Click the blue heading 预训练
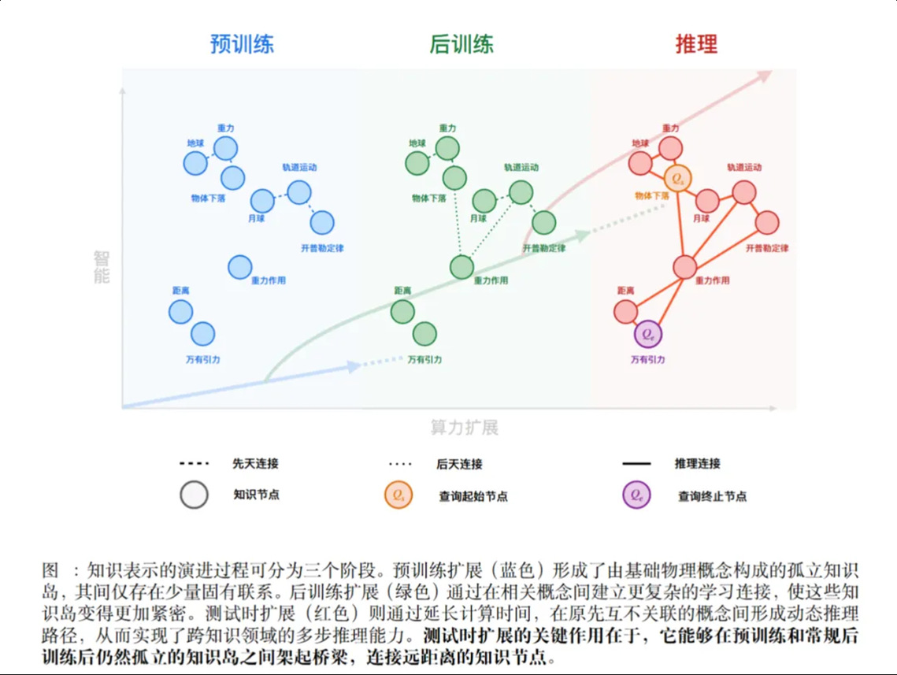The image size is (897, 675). click(x=242, y=44)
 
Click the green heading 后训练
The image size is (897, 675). click(x=461, y=44)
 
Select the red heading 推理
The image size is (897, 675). click(x=696, y=44)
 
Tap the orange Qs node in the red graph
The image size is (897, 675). click(x=678, y=178)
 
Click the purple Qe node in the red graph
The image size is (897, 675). click(x=648, y=334)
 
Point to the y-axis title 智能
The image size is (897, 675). click(x=102, y=266)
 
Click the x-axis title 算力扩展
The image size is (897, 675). click(x=465, y=428)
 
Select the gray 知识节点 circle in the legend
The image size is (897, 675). click(x=194, y=495)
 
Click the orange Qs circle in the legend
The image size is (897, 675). click(x=398, y=495)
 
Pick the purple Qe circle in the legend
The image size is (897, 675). click(x=636, y=495)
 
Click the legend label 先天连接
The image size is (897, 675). click(x=255, y=463)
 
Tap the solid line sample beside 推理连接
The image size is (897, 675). click(x=636, y=463)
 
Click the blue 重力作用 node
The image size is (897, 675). click(x=240, y=267)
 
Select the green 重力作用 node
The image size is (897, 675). click(x=461, y=267)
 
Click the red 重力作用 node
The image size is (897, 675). click(x=685, y=267)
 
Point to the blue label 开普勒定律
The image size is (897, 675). click(x=322, y=248)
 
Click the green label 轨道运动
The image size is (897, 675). click(x=521, y=167)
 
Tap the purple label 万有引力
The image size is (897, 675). click(x=647, y=359)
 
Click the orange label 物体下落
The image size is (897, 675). click(x=651, y=195)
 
